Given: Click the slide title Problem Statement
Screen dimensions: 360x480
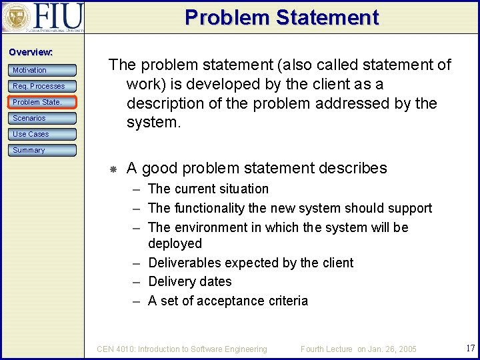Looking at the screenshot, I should (x=281, y=17).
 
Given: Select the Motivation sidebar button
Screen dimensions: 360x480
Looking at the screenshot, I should (x=43, y=70).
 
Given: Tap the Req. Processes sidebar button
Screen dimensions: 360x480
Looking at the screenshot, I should (x=43, y=86).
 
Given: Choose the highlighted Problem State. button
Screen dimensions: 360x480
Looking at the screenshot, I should (x=43, y=102).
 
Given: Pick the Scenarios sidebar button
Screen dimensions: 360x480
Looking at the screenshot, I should (x=43, y=118).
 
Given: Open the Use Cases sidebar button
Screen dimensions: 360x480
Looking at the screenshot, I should (x=43, y=134).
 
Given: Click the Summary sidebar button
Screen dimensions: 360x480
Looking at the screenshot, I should (x=43, y=150).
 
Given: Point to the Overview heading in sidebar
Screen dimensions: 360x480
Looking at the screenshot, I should (x=31, y=52).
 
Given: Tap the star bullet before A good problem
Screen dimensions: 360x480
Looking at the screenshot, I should (x=113, y=169).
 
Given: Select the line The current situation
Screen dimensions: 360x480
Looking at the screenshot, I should (x=208, y=189).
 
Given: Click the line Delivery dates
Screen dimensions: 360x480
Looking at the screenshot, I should (x=189, y=282).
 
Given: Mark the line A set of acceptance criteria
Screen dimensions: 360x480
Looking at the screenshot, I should (x=228, y=301).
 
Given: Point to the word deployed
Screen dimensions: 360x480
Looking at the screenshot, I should (x=175, y=244).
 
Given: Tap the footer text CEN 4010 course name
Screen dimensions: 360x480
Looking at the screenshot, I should (x=182, y=349).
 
